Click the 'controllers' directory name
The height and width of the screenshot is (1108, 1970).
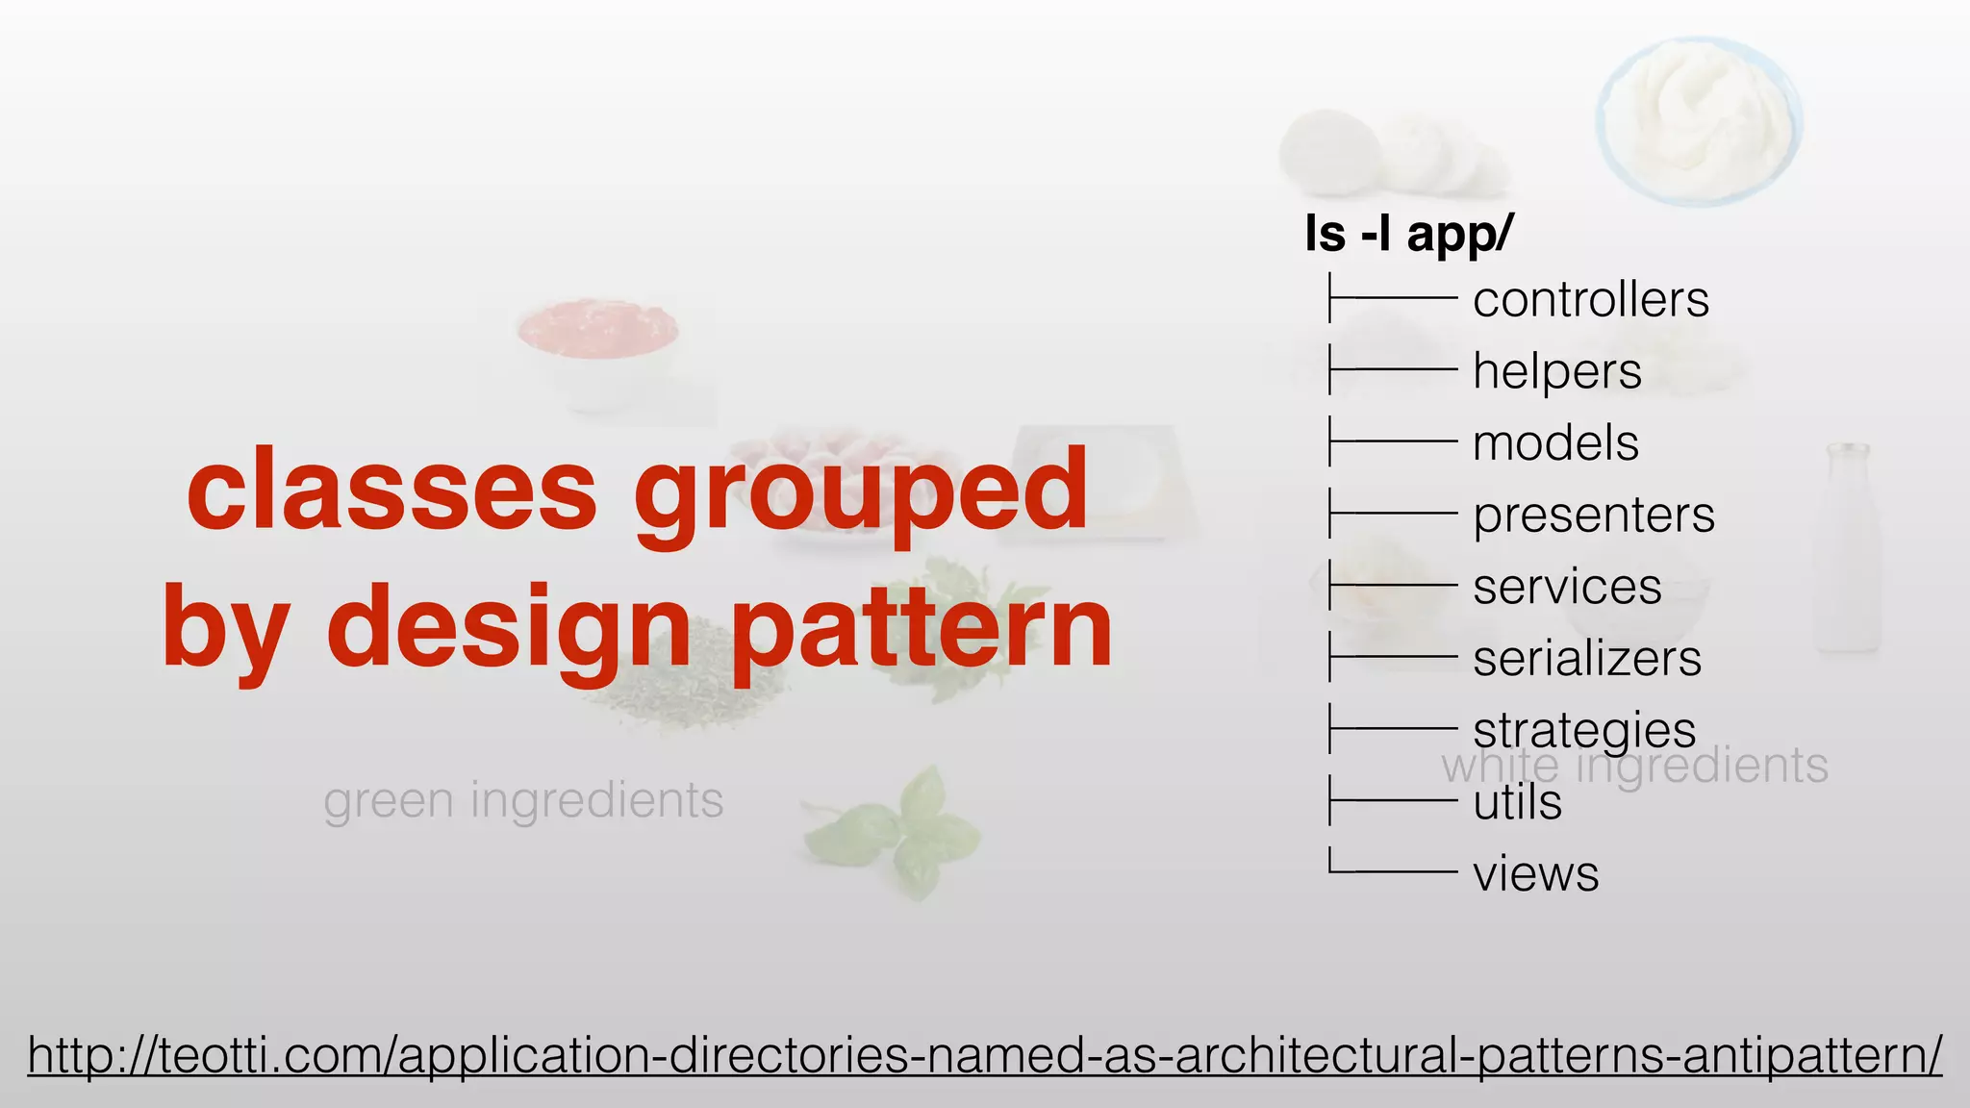1590,300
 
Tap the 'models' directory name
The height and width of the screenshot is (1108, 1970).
1555,443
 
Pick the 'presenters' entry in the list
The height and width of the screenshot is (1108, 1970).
1593,516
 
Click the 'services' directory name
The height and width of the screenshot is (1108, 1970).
1566,587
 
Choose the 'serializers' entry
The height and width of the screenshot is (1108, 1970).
1586,659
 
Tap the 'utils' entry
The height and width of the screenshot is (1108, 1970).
1517,802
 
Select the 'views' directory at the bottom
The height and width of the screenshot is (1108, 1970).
1535,874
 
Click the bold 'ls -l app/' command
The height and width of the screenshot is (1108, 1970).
1408,234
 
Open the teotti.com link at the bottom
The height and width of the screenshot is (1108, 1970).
984,1055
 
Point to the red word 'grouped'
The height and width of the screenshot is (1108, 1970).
860,492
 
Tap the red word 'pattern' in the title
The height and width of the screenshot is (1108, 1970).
921,630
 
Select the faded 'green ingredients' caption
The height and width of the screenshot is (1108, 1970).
523,800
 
